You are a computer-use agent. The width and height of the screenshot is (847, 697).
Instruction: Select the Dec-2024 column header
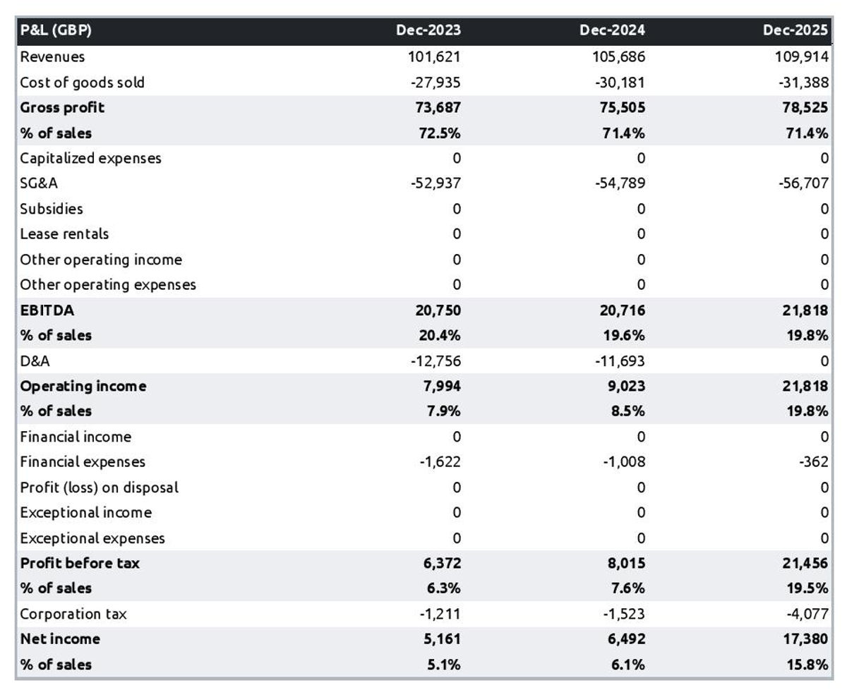[612, 30]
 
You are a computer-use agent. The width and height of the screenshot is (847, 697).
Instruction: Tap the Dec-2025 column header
[795, 30]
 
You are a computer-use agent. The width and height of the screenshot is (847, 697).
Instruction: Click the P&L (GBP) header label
[56, 30]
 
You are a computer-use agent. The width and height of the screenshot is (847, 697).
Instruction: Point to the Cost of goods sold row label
[82, 83]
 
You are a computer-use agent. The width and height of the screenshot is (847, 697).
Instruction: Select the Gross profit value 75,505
[620, 107]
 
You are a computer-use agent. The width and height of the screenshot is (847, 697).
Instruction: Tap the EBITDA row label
[47, 310]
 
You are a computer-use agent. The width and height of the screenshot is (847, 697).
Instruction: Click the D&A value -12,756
[435, 361]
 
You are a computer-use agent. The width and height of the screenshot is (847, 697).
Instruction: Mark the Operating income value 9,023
[625, 386]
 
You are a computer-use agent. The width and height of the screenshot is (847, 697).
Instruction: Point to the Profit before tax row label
[80, 563]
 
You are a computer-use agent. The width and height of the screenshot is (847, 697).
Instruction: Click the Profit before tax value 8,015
[625, 563]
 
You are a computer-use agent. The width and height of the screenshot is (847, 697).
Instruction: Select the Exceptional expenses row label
[92, 538]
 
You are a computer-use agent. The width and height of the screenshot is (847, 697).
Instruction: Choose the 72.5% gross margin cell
[440, 133]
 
